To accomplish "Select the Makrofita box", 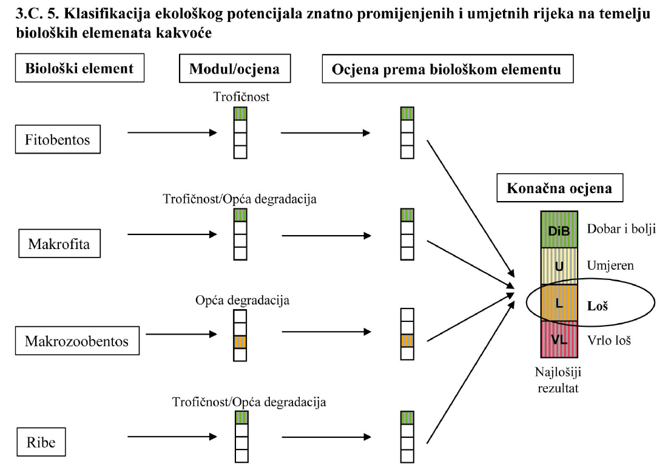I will point(59,245).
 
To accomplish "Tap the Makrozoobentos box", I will point(76,341).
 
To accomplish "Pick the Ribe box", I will point(41,442).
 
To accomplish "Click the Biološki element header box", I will point(79,69).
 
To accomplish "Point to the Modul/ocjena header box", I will point(234,69).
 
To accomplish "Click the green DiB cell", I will point(559,231).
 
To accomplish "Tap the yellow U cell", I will point(559,266).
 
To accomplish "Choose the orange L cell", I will point(559,302).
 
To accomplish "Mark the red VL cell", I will point(559,339).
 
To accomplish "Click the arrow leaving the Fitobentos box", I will point(172,132).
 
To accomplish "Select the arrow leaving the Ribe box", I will point(172,436).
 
